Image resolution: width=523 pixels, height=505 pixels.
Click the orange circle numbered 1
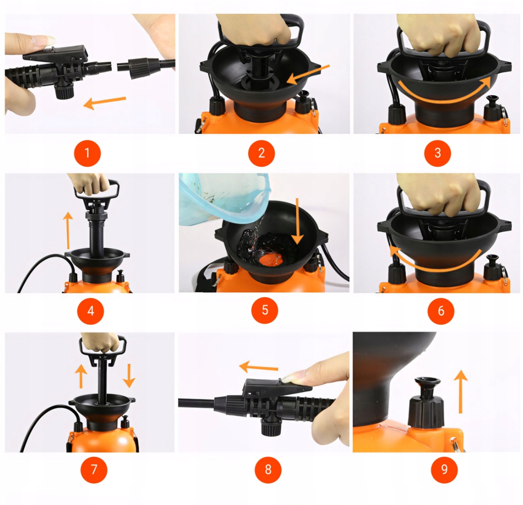click(x=88, y=153)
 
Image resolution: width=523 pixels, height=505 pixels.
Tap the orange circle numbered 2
click(x=261, y=153)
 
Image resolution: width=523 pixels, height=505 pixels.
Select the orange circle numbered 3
click(x=437, y=153)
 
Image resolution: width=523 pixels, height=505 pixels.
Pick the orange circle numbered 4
click(x=90, y=311)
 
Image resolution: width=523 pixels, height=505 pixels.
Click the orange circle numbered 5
click(x=264, y=310)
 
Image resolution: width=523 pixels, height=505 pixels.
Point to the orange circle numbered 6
click(x=441, y=311)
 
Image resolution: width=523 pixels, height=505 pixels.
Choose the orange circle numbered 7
click(x=94, y=470)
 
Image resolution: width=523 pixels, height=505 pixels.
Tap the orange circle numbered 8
click(x=268, y=470)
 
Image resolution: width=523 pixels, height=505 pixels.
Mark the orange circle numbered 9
click(x=444, y=470)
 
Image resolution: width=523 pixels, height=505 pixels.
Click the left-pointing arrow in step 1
click(x=105, y=102)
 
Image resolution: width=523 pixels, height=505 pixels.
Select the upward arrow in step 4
click(x=68, y=230)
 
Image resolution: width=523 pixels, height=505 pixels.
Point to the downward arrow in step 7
click(x=129, y=376)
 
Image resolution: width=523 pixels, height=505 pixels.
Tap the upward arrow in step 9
click(x=461, y=391)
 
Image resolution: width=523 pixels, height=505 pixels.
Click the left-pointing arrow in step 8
click(x=259, y=367)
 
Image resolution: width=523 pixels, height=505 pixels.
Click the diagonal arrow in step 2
click(x=308, y=75)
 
